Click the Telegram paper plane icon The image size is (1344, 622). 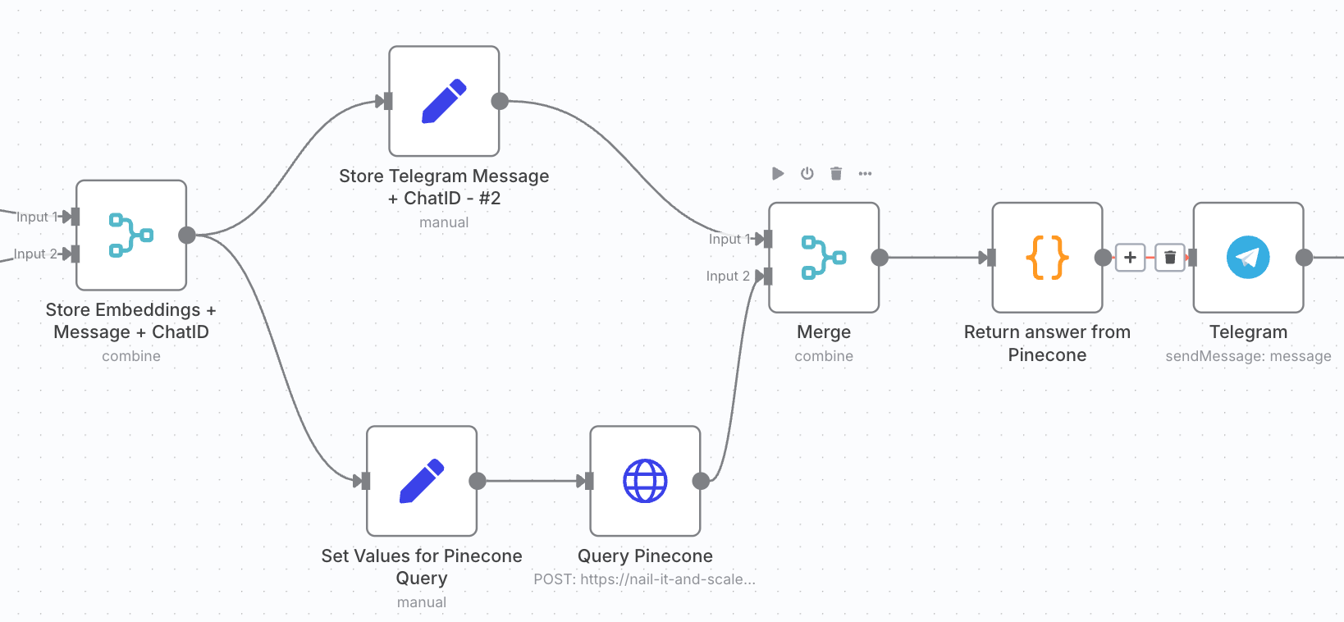coord(1248,258)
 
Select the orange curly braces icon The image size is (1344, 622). coord(1047,258)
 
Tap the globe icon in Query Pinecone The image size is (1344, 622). coord(645,481)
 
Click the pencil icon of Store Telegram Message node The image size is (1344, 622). coord(444,102)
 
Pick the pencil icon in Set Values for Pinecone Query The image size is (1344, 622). coord(422,481)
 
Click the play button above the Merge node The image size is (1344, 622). coord(778,173)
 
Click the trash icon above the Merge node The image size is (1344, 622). coord(836,173)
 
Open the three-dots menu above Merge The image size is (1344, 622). coord(865,173)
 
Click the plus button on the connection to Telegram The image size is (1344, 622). coord(1130,258)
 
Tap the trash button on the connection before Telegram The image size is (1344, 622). coord(1170,258)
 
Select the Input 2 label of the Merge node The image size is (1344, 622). coord(728,276)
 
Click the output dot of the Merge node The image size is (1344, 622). coord(880,258)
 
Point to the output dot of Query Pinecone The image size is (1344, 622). coord(701,481)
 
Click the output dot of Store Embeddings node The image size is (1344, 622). coord(187,236)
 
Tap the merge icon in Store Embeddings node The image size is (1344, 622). coord(131,236)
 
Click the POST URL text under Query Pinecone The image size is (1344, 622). coord(644,579)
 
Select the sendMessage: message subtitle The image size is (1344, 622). coord(1248,356)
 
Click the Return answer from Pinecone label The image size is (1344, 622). coord(1047,343)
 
